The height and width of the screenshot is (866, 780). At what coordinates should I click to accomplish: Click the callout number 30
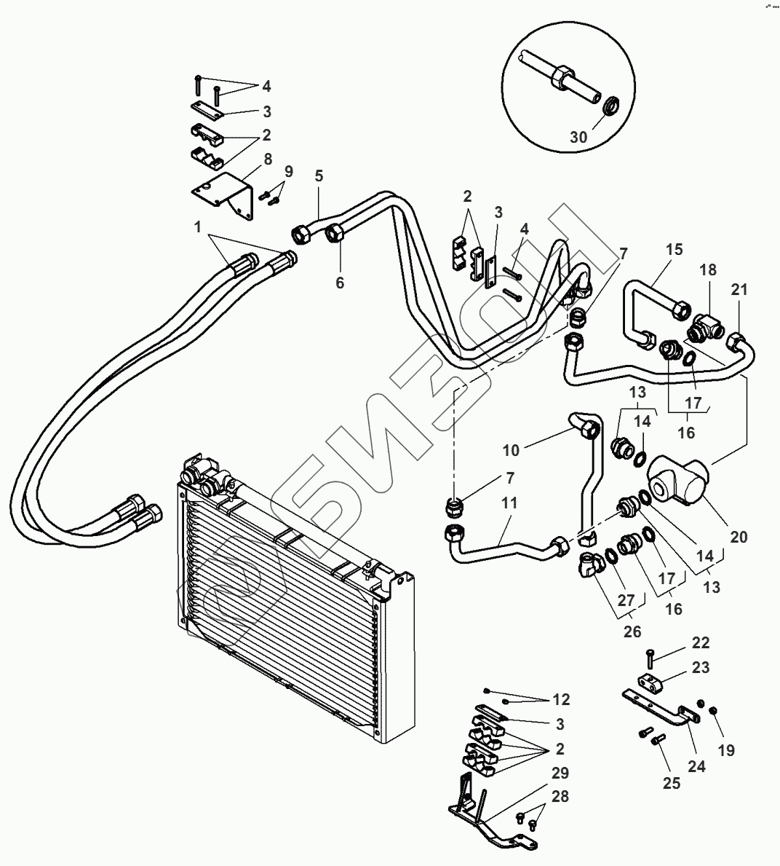point(578,136)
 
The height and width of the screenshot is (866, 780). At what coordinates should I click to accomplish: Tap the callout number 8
point(268,159)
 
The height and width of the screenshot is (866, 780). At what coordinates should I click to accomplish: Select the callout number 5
point(319,176)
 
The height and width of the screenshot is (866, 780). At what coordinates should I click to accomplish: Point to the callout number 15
point(674,250)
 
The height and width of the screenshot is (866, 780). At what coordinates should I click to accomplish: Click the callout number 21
point(739,289)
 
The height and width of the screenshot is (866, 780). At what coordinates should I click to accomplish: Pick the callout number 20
point(739,536)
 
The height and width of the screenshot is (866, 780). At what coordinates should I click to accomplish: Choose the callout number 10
point(511,450)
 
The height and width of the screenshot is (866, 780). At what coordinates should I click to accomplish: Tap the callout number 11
point(509,503)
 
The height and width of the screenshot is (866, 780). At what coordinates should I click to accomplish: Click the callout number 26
point(632,631)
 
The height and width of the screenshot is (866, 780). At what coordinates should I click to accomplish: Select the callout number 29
point(560,773)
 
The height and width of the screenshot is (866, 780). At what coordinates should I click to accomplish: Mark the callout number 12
point(561,699)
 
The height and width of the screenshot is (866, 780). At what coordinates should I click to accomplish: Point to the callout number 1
point(197,227)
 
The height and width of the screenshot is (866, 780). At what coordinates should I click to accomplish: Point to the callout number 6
point(340,283)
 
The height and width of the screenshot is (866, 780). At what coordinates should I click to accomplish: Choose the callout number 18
point(708,269)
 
